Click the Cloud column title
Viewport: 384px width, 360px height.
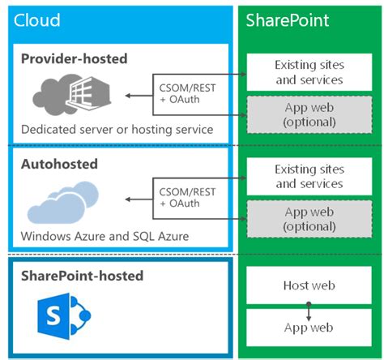click(37, 20)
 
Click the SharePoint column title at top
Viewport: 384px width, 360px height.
click(287, 20)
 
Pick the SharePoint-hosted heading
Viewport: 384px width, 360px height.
click(83, 276)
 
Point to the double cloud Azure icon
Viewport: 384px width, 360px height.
click(70, 203)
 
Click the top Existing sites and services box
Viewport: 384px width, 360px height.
click(308, 72)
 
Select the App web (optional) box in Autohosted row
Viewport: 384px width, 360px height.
click(308, 219)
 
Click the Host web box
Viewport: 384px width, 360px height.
click(308, 285)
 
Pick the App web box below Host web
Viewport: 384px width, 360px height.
click(308, 328)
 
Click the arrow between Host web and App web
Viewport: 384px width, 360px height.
click(308, 307)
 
